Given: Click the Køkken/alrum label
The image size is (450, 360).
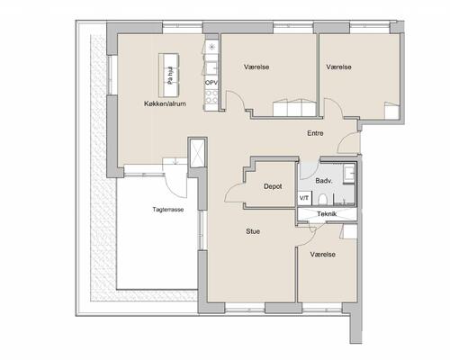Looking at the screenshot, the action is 165,103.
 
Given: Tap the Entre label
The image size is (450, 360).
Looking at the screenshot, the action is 315,133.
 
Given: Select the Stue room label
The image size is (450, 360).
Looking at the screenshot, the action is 253,231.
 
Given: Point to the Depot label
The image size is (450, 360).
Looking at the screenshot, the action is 273,186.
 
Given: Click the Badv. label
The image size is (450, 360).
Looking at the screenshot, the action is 324,181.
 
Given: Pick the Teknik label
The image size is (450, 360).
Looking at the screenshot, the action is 327,214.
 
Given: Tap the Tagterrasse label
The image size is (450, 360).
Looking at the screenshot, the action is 168,210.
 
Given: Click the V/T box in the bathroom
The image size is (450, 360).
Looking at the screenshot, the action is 304,198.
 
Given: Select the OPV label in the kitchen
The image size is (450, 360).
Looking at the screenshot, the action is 211,83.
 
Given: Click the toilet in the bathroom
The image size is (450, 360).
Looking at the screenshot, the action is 322,200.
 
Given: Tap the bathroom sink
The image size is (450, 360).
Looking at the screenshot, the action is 349,174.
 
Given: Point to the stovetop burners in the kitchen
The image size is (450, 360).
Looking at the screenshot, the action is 211,98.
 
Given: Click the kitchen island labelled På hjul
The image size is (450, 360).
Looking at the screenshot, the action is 169,75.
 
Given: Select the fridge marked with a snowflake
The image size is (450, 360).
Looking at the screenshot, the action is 211,46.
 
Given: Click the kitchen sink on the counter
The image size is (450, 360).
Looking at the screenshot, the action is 212,68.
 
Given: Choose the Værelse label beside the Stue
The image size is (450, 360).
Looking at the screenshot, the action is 323,255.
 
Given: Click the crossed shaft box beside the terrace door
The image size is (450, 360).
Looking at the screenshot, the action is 197,153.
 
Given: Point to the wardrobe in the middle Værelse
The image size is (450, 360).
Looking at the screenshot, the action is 294,108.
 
